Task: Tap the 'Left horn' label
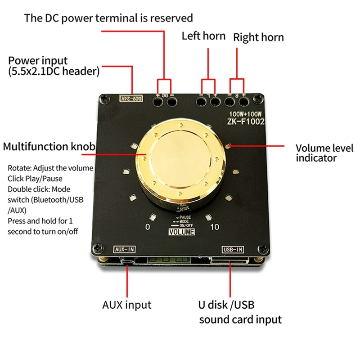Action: tap(203, 36)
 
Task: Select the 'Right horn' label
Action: tap(258, 37)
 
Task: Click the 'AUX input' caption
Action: tap(126, 305)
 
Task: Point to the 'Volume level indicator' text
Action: tap(324, 153)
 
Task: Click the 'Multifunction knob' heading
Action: tap(49, 147)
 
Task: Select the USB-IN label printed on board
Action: tap(233, 249)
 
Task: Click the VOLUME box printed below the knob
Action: tap(181, 232)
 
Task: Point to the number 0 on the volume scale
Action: tap(147, 227)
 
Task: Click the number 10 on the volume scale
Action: tap(215, 227)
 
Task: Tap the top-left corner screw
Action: tap(103, 98)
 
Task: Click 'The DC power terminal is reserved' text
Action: tap(108, 18)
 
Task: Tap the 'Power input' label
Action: tap(38, 61)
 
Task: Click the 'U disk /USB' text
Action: tap(227, 305)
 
